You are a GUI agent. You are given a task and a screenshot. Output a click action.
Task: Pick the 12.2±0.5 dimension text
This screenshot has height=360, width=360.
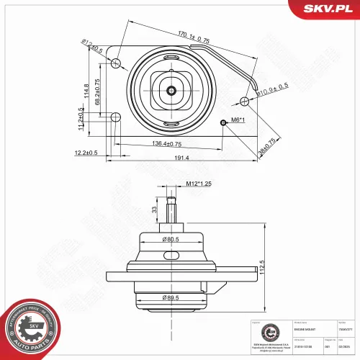[x=87, y=153]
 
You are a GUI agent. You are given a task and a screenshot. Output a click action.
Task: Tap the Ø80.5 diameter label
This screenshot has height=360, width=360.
[x=171, y=240]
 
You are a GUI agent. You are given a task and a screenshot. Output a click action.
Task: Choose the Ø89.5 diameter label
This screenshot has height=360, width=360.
[x=171, y=297]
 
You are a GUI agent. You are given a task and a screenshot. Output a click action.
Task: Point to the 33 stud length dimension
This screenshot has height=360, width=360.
[x=153, y=210]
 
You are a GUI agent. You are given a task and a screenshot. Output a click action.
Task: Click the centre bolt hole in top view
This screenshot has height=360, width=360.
[x=171, y=90]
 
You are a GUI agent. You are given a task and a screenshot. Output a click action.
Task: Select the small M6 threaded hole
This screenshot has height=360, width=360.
[x=224, y=122]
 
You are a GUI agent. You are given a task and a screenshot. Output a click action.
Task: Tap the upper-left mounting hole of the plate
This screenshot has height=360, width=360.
[x=115, y=64]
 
